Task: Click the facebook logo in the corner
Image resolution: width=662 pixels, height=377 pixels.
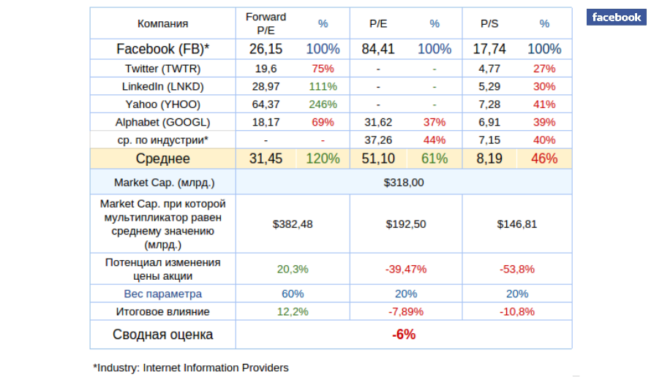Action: pos(616,18)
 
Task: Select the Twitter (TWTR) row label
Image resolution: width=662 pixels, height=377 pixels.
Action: pos(162,69)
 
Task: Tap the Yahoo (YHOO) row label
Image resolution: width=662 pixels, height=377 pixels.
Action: pos(162,104)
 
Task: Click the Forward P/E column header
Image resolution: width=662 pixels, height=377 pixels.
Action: pos(266,23)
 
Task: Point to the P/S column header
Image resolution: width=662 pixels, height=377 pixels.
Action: pos(489,23)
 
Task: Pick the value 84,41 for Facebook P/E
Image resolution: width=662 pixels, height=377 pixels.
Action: pos(378,49)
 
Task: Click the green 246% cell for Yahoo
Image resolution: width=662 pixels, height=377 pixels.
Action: pos(323,104)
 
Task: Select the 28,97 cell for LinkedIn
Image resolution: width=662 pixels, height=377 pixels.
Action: pos(266,86)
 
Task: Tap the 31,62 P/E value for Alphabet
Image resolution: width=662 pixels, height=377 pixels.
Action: pos(378,121)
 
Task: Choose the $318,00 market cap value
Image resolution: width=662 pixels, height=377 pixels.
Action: pos(404,182)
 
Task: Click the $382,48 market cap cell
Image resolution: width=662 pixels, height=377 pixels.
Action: pos(293,224)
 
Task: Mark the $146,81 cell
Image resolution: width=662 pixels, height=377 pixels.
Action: pos(516,224)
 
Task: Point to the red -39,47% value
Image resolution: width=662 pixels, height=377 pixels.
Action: pos(406,269)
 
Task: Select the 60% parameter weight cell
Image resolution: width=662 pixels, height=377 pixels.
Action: pos(293,294)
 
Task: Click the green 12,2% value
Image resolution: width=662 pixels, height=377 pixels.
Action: pos(293,311)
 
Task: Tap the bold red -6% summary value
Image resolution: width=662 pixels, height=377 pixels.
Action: pos(404,335)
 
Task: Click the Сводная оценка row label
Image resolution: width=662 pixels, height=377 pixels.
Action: pos(162,335)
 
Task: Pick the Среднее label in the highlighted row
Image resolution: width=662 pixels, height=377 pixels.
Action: pos(162,159)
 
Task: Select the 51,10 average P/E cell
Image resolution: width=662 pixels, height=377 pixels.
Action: pos(378,159)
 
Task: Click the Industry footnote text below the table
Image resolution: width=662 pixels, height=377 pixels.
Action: pos(191,368)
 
